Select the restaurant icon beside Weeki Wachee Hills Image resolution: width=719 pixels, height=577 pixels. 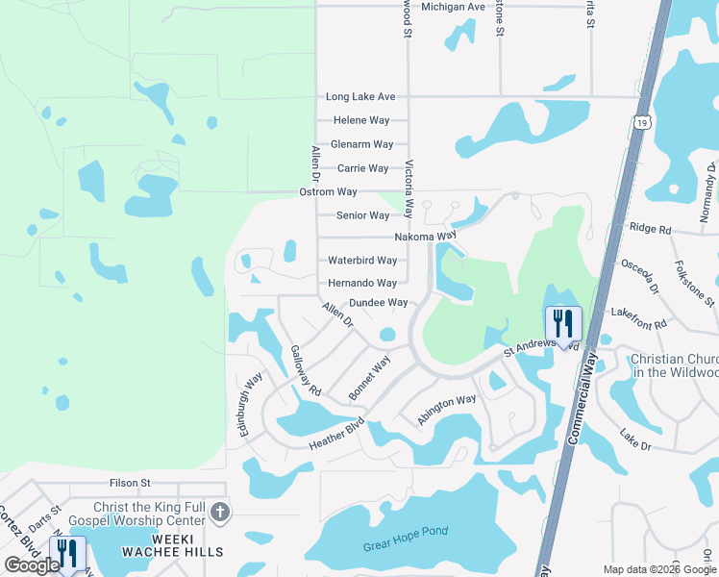66,553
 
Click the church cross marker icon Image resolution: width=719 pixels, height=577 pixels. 220,513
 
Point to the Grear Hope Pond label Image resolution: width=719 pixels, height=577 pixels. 406,539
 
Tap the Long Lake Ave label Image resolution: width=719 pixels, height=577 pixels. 360,97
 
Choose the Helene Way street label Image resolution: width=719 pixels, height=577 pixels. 361,121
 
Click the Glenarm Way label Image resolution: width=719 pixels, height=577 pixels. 361,144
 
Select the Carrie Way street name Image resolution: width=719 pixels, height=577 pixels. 362,168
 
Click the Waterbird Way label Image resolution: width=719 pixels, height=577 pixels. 362,261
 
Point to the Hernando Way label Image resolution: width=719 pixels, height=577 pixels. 362,284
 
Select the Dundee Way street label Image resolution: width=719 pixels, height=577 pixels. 378,303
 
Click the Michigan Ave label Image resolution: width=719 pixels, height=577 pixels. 453,7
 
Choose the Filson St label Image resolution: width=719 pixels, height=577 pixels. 130,483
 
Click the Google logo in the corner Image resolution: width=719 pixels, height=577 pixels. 32,565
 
